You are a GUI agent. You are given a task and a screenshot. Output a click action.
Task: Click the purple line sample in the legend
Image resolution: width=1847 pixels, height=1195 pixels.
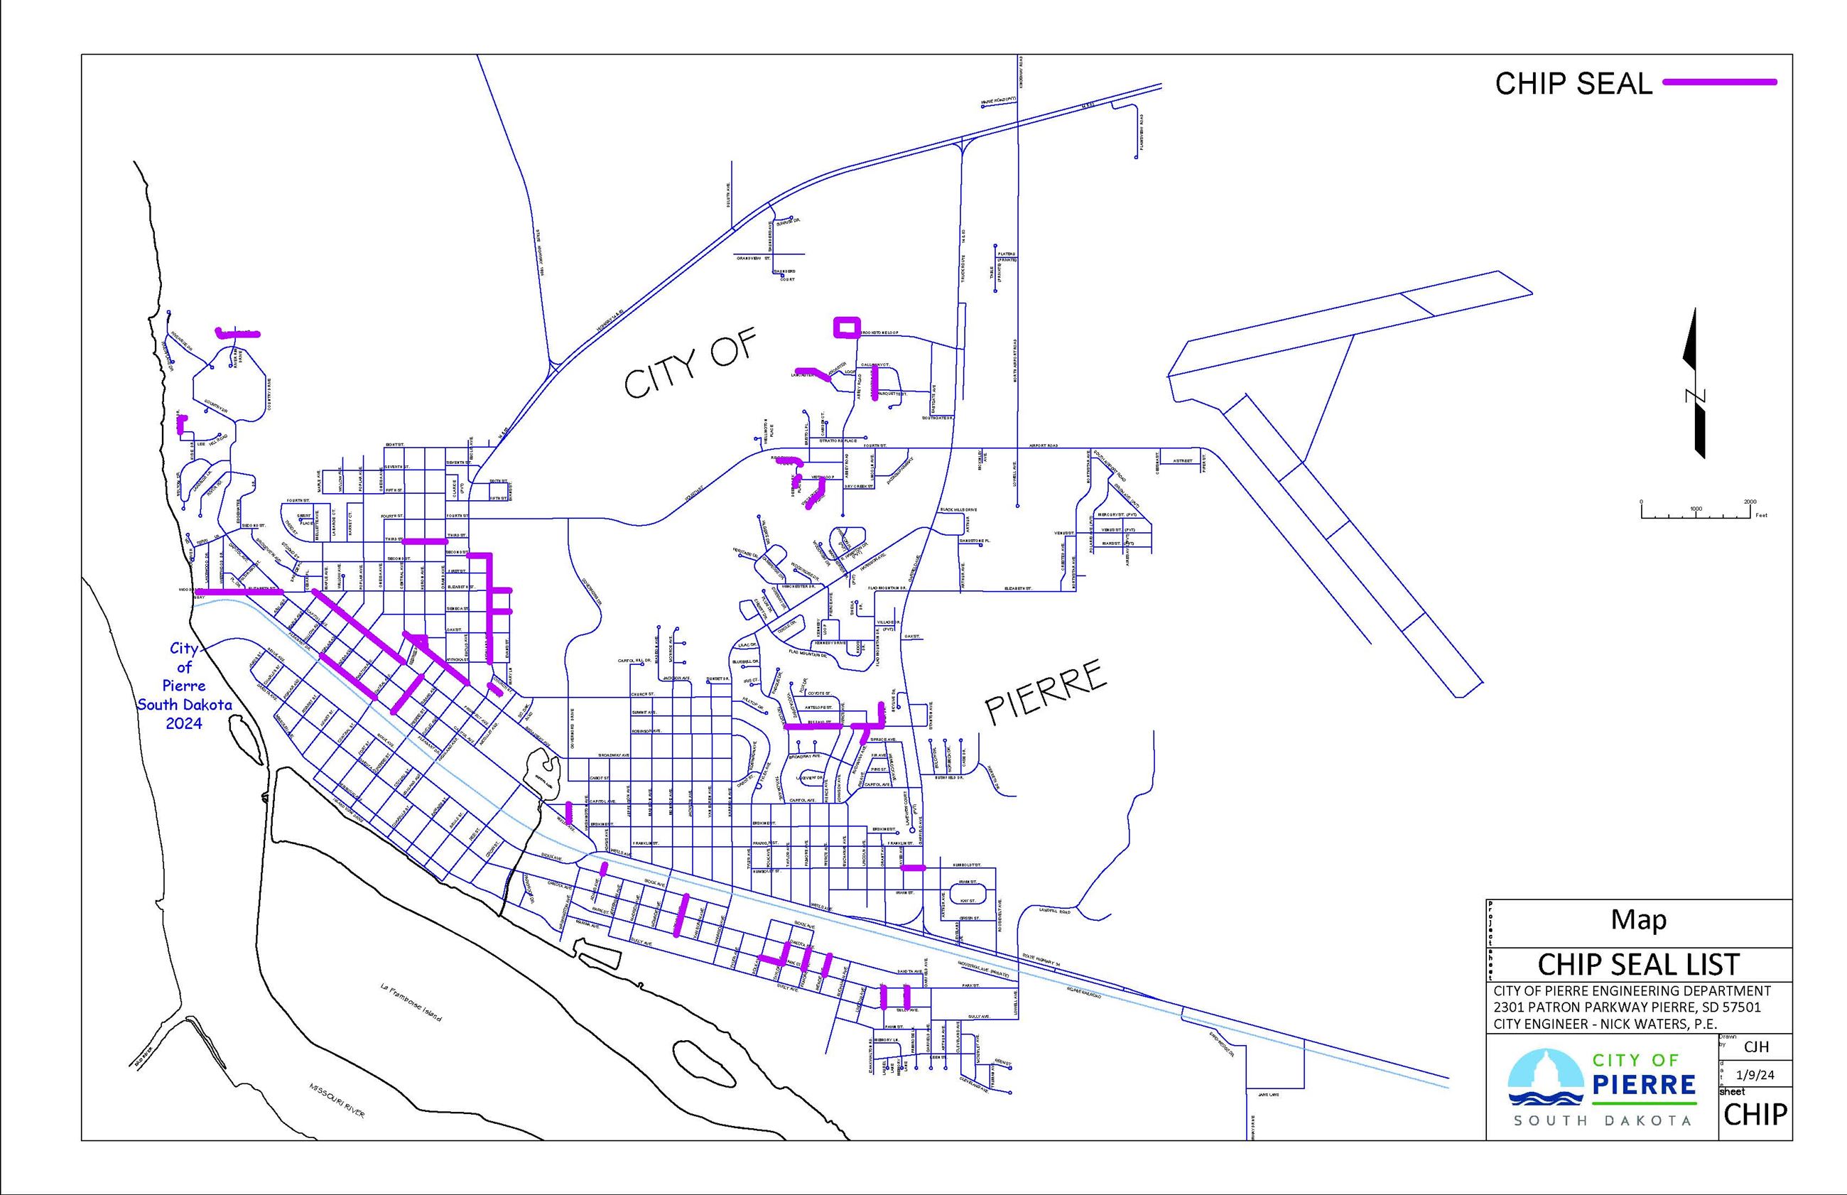[x=1719, y=82]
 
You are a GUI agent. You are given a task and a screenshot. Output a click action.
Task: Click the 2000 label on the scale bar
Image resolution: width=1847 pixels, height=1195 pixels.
[x=1750, y=502]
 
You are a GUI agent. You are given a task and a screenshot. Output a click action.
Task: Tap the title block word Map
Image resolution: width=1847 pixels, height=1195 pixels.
[x=1638, y=919]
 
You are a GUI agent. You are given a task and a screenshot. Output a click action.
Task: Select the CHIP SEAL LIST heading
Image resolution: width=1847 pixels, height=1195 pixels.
[x=1638, y=965]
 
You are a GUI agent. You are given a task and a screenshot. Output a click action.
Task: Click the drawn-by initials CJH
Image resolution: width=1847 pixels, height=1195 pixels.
[x=1755, y=1046]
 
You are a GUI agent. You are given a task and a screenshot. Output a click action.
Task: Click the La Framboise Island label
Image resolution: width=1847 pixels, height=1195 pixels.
[x=411, y=1002]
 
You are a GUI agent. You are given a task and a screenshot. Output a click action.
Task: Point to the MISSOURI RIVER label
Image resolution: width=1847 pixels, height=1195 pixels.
[x=337, y=1100]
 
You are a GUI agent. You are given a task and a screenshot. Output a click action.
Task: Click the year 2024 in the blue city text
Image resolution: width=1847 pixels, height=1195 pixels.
[x=184, y=723]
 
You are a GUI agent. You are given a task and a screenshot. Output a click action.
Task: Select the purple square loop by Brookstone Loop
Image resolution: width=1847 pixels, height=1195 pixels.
[x=846, y=327]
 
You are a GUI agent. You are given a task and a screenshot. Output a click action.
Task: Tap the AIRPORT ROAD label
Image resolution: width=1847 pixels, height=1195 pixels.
[x=1044, y=446]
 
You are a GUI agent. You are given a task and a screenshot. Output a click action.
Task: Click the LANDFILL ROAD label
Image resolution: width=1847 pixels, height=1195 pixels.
[x=1054, y=912]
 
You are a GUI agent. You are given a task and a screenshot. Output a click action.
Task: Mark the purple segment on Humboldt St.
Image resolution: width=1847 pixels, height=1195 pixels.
[x=913, y=868]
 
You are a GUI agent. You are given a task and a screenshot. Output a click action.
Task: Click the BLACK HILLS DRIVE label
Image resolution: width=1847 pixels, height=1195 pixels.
[x=958, y=510]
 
